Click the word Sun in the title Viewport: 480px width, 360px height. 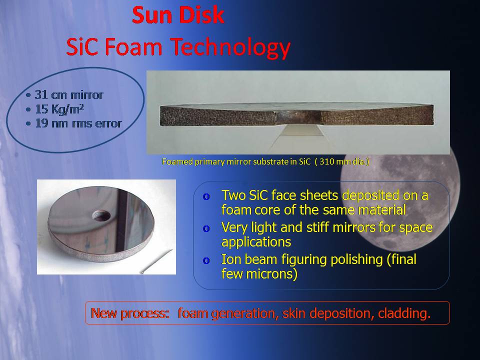pos(150,15)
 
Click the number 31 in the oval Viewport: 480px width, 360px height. pos(41,95)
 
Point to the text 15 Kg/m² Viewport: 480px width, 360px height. pos(59,109)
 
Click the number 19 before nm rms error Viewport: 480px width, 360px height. pos(41,123)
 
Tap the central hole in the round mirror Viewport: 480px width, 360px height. pos(101,215)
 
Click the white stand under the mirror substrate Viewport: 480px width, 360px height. pos(301,130)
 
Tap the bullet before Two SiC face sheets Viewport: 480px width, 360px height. pos(206,196)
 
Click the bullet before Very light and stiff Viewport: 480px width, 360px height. pos(206,228)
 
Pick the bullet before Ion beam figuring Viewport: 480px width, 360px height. pos(206,261)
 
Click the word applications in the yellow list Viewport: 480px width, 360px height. pos(256,242)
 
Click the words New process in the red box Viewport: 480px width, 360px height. pos(130,313)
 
